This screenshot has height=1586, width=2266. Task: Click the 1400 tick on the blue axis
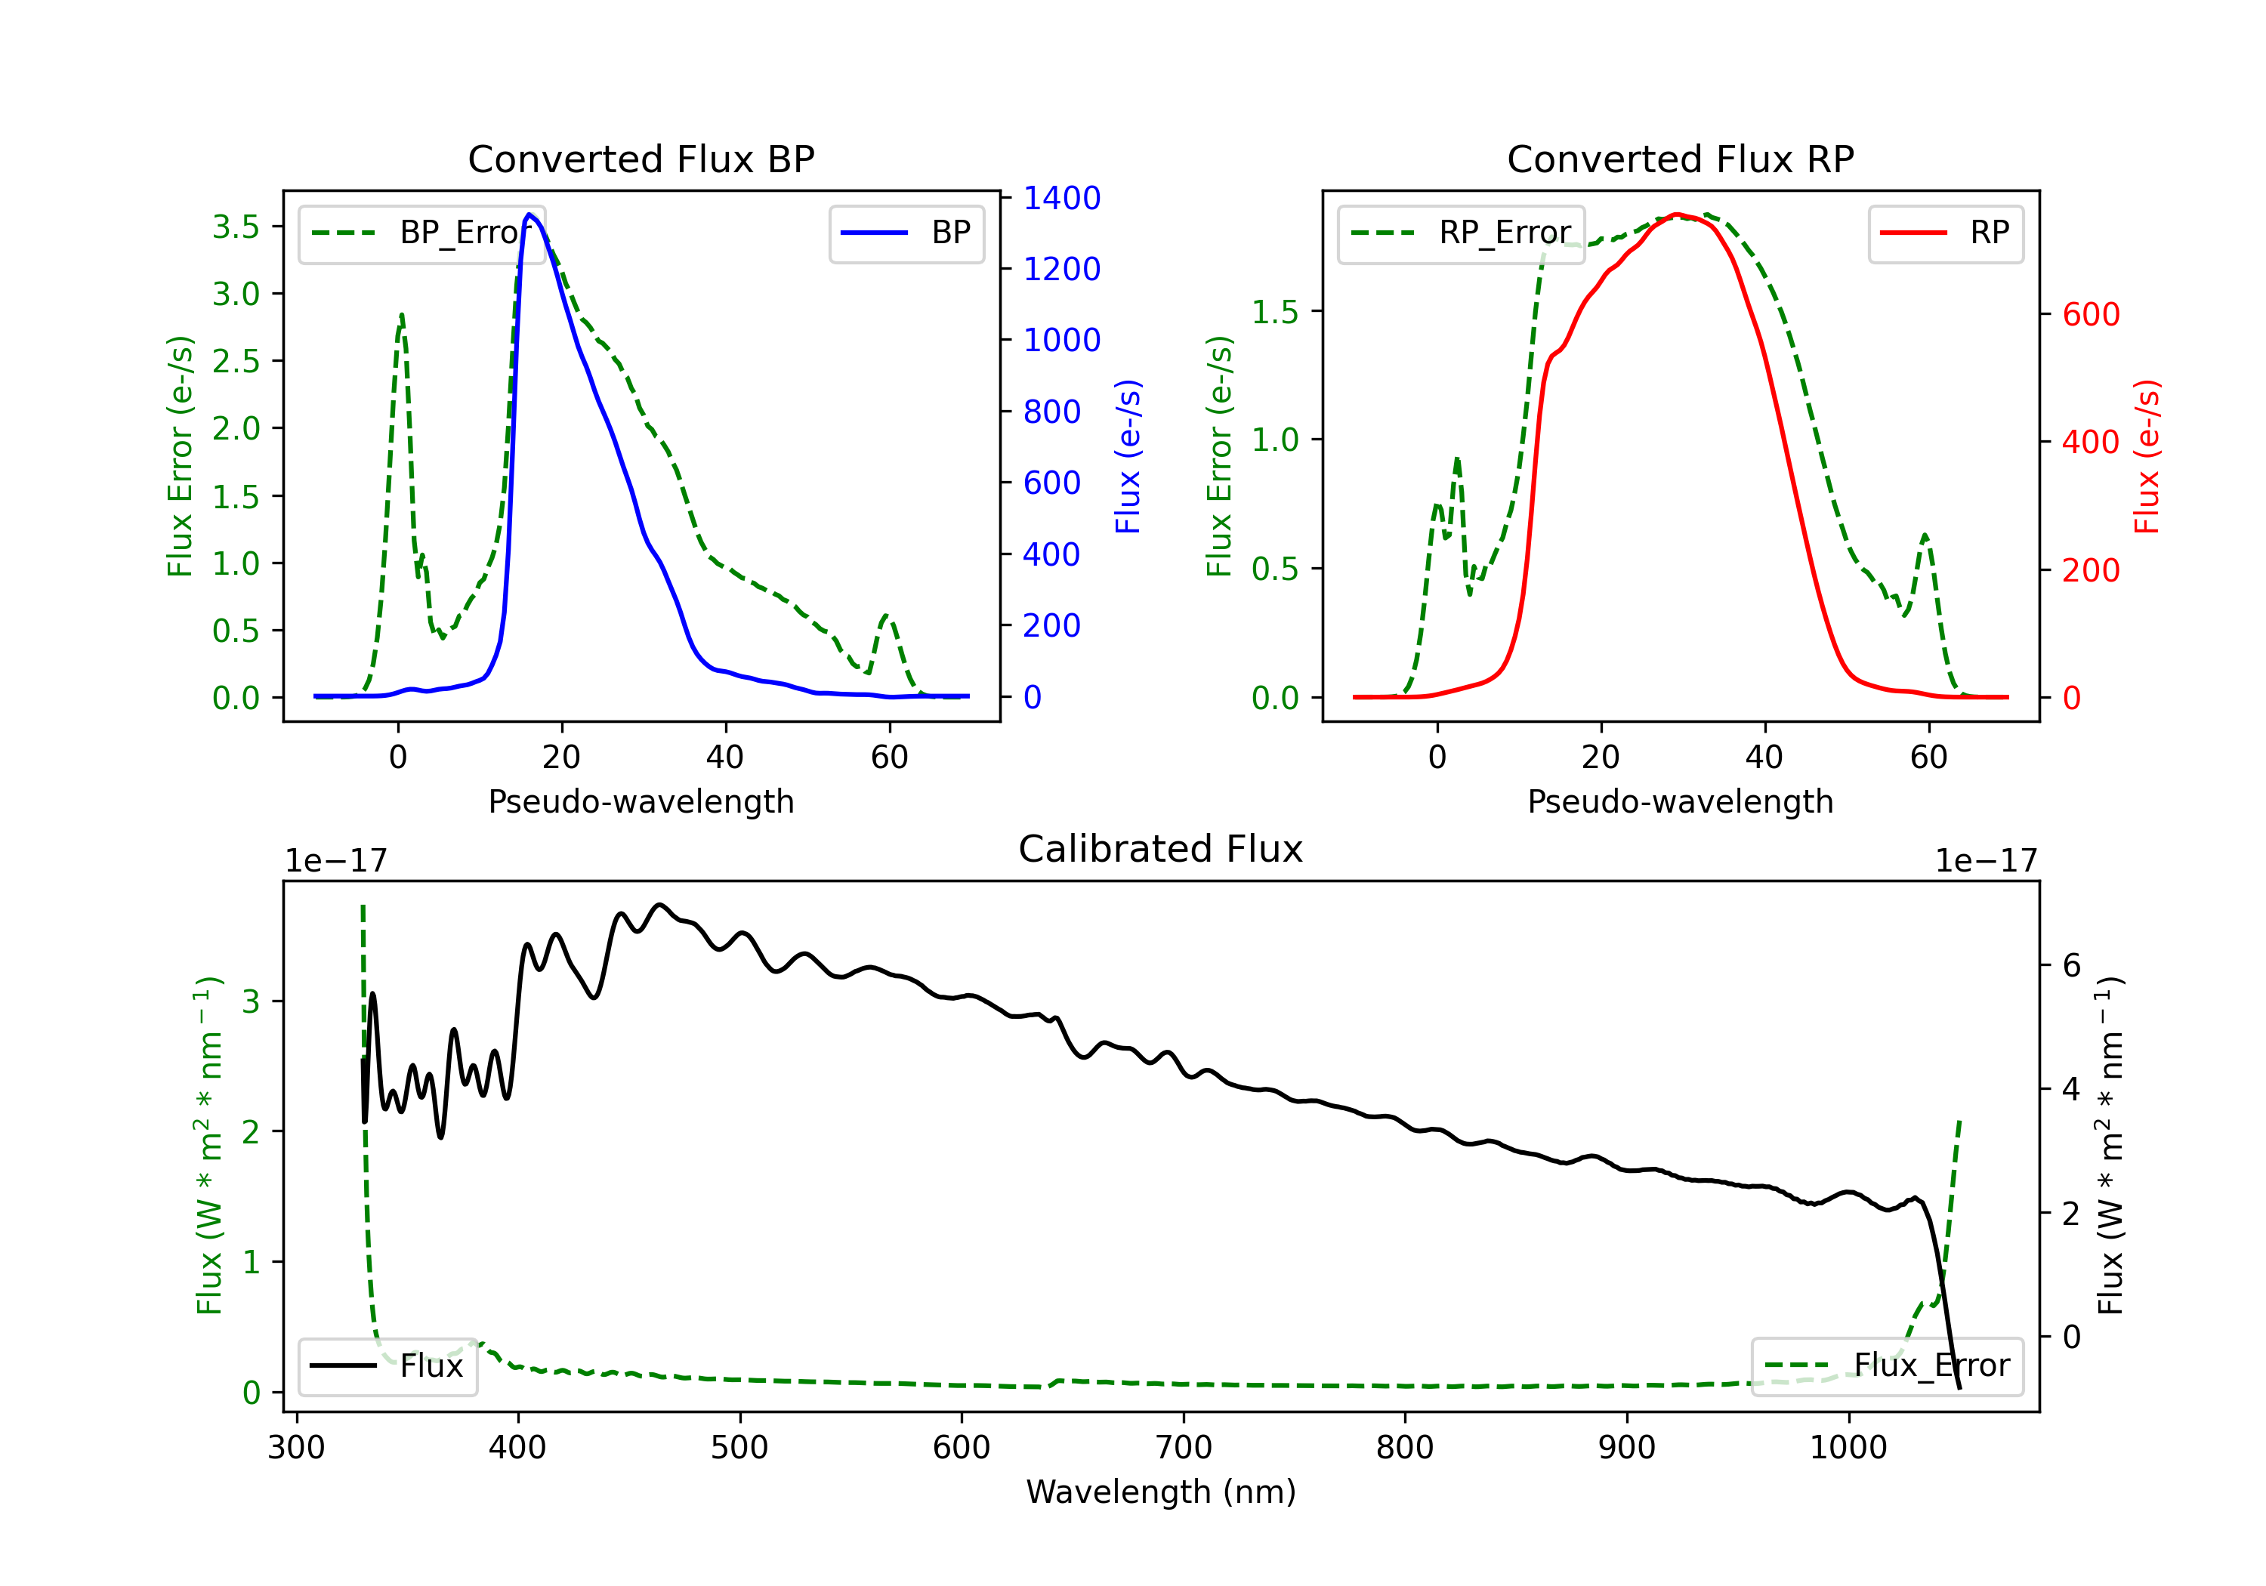click(1061, 199)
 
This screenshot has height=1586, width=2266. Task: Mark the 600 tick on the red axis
click(2090, 315)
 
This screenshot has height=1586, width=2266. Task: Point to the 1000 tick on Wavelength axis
click(1848, 1448)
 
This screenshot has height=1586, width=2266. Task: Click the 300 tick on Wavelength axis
click(296, 1448)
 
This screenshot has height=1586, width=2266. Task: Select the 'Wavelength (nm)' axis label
click(1161, 1492)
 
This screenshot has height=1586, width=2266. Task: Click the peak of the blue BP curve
click(529, 214)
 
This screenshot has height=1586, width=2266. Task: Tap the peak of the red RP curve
click(1677, 214)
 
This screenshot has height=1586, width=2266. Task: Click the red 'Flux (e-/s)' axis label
click(2147, 457)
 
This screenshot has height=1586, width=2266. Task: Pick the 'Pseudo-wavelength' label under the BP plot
click(641, 801)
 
